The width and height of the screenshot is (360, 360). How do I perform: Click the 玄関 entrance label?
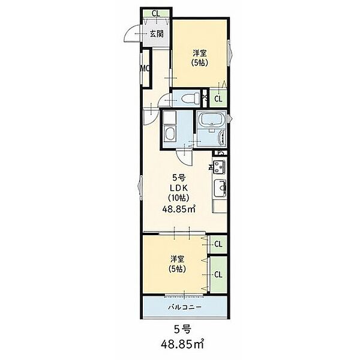coord(157,34)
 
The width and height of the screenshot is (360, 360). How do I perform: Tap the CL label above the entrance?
coord(156,14)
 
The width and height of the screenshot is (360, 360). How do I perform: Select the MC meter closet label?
coord(145,68)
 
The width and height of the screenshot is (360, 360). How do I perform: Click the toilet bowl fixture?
coord(190,98)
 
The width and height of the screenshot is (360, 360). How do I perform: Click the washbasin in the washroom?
coord(170,134)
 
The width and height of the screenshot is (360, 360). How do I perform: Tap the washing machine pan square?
coord(170,117)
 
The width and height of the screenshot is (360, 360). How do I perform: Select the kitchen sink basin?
coord(220,188)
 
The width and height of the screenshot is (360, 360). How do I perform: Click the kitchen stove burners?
coord(219,167)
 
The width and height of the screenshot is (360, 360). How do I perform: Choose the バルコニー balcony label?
coord(185,307)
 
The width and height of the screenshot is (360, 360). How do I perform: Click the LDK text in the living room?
coord(179,188)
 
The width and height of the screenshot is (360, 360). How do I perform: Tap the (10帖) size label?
coord(179,197)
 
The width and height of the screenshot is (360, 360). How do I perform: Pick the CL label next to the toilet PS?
coord(218,99)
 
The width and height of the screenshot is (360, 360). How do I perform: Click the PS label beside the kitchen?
coord(221,152)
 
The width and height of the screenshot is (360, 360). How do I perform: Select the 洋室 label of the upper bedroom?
coord(200,53)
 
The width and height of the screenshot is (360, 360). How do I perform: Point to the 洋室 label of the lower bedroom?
coord(177,259)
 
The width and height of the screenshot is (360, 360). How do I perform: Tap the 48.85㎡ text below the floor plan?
coord(182,344)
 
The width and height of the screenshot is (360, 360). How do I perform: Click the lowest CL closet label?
coord(218,274)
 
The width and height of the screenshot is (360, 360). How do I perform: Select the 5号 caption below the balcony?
coord(182,329)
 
